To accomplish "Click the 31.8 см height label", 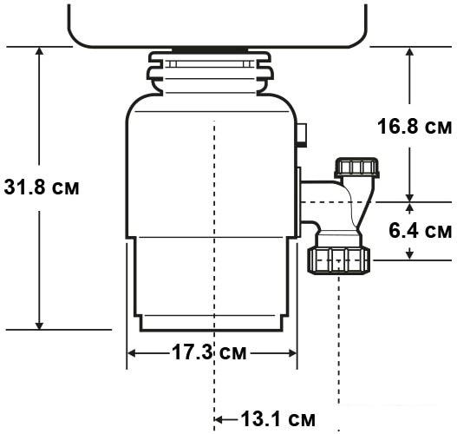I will point(41,187).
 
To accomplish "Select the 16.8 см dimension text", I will point(415,127).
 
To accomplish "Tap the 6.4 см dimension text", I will point(420,231).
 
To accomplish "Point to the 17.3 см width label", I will point(208,352).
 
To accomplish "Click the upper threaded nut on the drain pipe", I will point(358,168).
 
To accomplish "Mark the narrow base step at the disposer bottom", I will point(212,322).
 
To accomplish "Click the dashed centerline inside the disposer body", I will point(213,217).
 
